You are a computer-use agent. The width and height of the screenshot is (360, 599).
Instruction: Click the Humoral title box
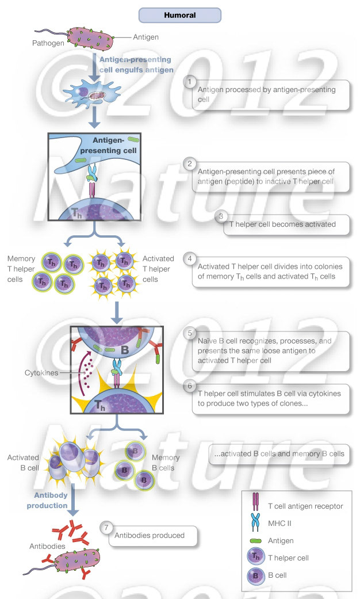click(179, 16)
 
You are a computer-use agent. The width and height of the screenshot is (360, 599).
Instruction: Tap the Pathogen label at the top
click(49, 43)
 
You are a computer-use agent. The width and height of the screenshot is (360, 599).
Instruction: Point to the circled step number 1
click(190, 82)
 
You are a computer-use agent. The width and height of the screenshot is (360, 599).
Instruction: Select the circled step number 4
click(190, 258)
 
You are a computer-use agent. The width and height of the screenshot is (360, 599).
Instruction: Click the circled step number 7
click(106, 526)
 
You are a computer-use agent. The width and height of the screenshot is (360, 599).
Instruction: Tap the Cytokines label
click(41, 373)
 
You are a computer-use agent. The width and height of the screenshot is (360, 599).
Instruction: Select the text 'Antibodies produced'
click(150, 535)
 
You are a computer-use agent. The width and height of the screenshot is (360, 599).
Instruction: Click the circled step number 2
click(190, 163)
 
